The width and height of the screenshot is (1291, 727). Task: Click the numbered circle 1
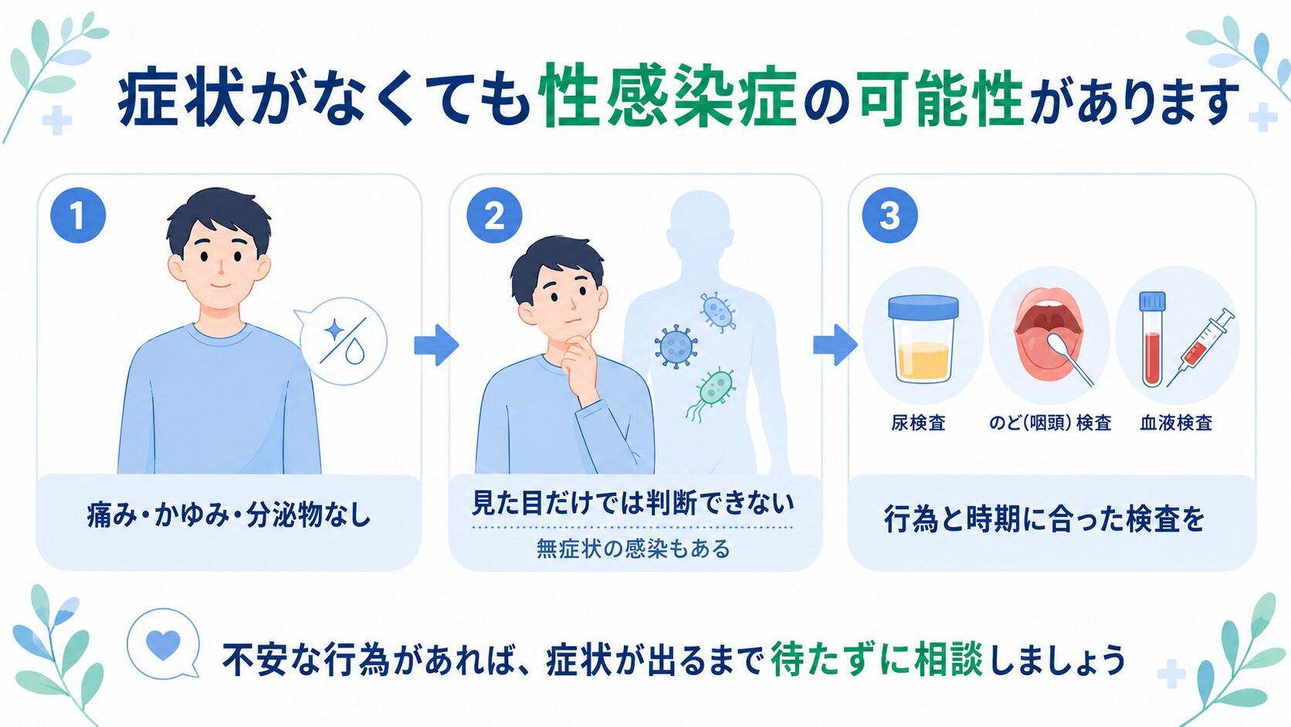78,215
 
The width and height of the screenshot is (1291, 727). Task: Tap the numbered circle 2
494,215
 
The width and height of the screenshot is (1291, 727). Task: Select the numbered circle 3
889,215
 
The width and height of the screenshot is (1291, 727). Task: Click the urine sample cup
923,338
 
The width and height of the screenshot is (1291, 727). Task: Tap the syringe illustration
1200,347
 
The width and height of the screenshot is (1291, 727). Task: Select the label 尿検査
918,423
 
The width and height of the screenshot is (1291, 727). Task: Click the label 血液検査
1176,423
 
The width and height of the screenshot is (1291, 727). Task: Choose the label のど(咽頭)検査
1050,423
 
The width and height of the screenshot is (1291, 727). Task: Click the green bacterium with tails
712,392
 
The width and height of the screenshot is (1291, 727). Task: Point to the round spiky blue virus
676,346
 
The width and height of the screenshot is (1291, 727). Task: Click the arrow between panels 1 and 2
436,345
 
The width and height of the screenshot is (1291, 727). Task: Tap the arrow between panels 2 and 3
835,345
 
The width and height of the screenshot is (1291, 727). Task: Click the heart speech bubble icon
164,644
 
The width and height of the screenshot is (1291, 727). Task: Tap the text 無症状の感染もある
633,549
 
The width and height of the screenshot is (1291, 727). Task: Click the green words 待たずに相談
876,659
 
